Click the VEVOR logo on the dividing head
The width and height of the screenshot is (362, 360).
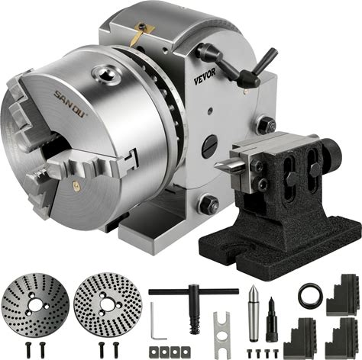click(x=205, y=76)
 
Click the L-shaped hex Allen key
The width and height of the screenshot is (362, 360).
click(x=156, y=320)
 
